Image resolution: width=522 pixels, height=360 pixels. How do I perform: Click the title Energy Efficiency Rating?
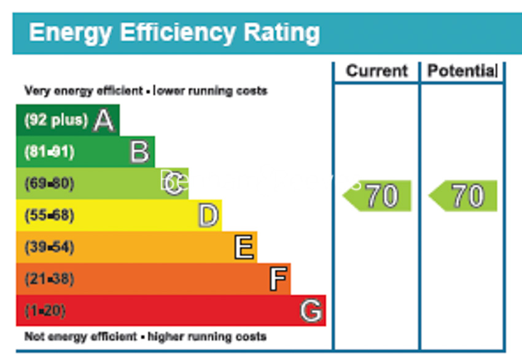pyautogui.click(x=174, y=33)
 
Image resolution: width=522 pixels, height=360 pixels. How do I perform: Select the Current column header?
pyautogui.click(x=376, y=71)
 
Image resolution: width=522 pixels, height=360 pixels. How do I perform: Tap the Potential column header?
pyautogui.click(x=462, y=71)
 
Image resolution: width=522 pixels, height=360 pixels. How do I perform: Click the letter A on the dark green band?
pyautogui.click(x=104, y=120)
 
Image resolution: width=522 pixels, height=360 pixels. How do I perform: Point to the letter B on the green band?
pyautogui.click(x=139, y=152)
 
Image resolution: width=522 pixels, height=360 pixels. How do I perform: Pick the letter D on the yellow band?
pyautogui.click(x=208, y=216)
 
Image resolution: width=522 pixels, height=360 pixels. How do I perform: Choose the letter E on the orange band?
pyautogui.click(x=244, y=248)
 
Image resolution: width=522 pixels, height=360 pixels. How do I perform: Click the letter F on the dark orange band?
pyautogui.click(x=278, y=280)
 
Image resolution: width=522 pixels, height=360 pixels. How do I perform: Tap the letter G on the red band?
pyautogui.click(x=311, y=311)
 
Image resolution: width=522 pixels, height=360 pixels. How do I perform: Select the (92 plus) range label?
pyautogui.click(x=56, y=120)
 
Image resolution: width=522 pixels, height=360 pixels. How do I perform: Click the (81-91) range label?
pyautogui.click(x=49, y=152)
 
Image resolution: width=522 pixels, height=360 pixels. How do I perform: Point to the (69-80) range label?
pyautogui.click(x=49, y=184)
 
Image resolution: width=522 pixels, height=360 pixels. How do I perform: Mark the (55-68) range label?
pyautogui.click(x=49, y=216)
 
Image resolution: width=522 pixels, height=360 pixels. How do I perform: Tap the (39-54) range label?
pyautogui.click(x=49, y=248)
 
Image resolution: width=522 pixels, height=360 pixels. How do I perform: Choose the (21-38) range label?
pyautogui.click(x=49, y=280)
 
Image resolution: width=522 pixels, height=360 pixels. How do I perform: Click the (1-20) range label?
pyautogui.click(x=45, y=311)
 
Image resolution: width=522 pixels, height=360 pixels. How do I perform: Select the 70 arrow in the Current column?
pyautogui.click(x=378, y=196)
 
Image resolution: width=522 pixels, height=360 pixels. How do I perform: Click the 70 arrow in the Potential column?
pyautogui.click(x=464, y=196)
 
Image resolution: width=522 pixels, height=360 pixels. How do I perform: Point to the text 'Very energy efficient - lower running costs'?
pyautogui.click(x=146, y=91)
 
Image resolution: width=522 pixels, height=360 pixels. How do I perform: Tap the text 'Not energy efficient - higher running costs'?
pyautogui.click(x=146, y=337)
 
